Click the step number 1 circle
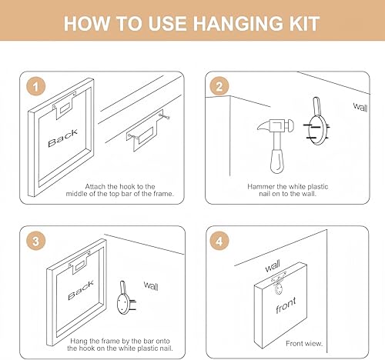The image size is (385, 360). click(36, 87)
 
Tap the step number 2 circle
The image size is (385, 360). click(219, 87)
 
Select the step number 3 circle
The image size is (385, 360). click(36, 241)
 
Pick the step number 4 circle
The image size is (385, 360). click(219, 241)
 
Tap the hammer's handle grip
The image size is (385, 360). click(277, 161)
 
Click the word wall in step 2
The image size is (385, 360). click(360, 107)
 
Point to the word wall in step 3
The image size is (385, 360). click(151, 285)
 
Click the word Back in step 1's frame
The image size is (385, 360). click(62, 138)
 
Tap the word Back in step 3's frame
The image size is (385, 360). click(81, 291)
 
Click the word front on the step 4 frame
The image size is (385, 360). click(286, 305)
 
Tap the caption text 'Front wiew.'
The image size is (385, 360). click(304, 343)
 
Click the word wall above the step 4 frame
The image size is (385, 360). click(273, 266)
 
